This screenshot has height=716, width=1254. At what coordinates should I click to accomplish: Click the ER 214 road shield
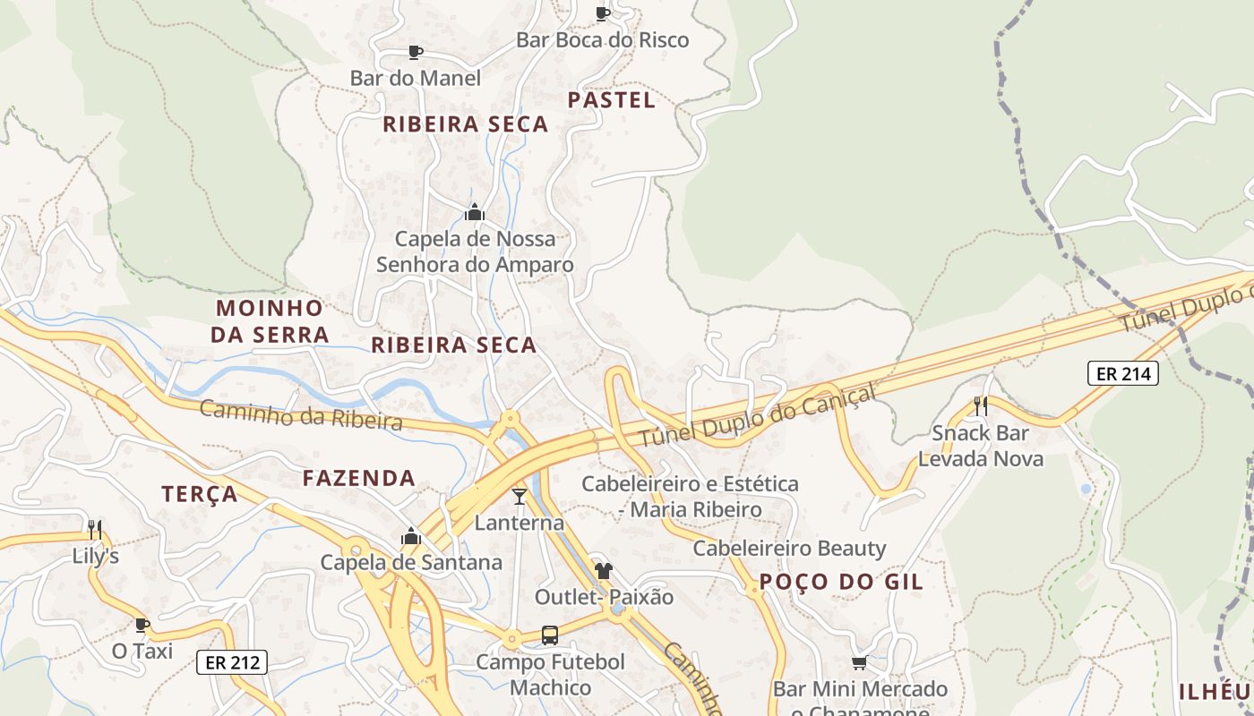[x=1122, y=373]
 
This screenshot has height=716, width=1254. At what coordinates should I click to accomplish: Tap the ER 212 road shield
[x=232, y=662]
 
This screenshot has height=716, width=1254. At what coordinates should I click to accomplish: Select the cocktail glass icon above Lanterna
[x=520, y=496]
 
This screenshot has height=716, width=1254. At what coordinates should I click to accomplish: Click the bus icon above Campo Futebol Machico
[x=550, y=635]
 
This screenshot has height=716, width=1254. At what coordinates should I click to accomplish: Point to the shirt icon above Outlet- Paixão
[x=603, y=570]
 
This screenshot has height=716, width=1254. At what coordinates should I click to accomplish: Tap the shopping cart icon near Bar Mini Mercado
[x=859, y=663]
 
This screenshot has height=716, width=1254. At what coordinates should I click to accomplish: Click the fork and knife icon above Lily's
[x=95, y=529]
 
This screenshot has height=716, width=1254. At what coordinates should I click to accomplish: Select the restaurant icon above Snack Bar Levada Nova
[x=981, y=406]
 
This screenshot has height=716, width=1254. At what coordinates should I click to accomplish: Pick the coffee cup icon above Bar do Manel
[x=415, y=52]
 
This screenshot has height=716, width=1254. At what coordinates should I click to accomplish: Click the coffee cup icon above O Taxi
[x=142, y=624]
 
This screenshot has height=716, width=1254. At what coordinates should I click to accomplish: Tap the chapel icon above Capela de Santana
[x=411, y=536]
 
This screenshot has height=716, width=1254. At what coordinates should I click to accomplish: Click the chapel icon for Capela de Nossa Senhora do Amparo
[x=475, y=212]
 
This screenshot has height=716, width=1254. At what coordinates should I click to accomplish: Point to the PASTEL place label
[x=612, y=100]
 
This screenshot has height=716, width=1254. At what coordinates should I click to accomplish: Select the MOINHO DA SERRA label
[x=270, y=321]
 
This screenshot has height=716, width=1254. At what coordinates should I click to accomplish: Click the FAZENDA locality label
[x=358, y=478]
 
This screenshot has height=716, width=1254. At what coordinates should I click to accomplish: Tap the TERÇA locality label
[x=200, y=494]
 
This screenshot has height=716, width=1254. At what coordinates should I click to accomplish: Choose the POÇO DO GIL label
[x=840, y=582]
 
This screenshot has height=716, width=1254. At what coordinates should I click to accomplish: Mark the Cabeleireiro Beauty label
[x=789, y=548]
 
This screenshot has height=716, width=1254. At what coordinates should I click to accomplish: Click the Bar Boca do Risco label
[x=603, y=39]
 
